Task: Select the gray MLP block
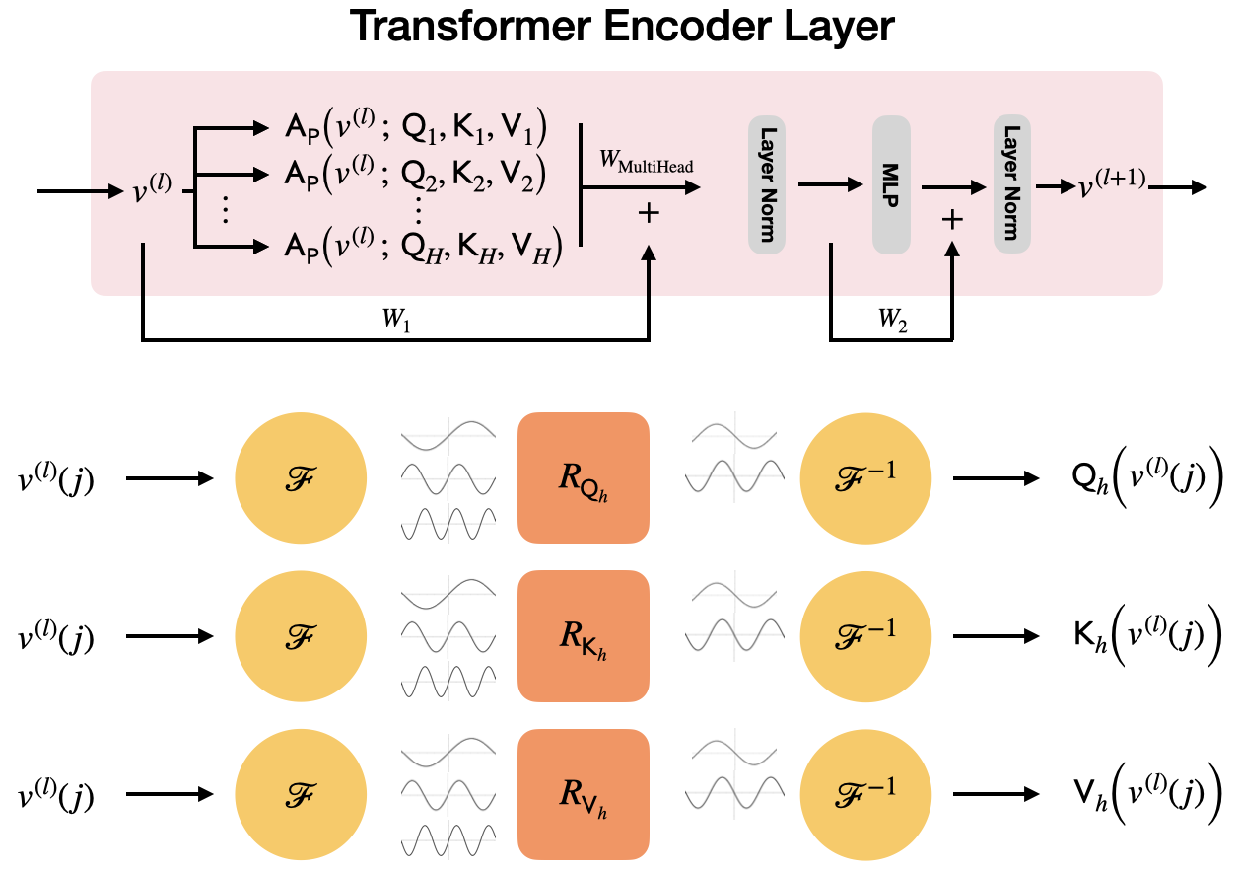[891, 184]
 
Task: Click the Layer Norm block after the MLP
[1011, 184]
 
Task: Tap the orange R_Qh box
[583, 477]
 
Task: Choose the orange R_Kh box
[583, 636]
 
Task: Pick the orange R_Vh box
[583, 794]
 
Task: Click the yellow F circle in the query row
[301, 478]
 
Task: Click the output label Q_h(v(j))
[1133, 478]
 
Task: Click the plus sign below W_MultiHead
[649, 213]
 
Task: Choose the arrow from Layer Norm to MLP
[829, 184]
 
